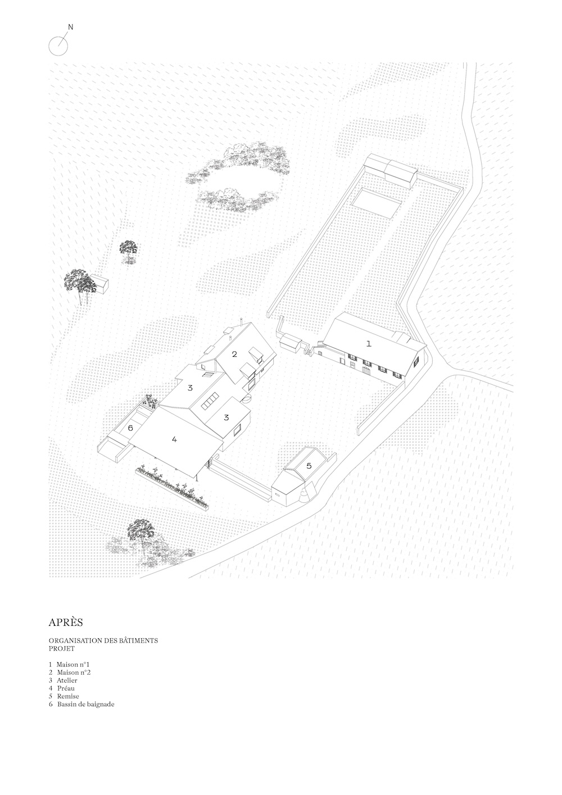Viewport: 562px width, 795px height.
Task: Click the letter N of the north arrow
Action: coord(70,27)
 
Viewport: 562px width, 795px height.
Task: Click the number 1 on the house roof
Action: coord(369,343)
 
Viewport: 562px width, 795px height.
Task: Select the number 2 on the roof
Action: coord(234,354)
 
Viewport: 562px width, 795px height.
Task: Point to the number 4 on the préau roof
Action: coord(174,439)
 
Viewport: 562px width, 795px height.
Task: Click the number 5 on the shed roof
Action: coord(309,466)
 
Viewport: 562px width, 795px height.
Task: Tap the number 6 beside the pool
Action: coord(130,428)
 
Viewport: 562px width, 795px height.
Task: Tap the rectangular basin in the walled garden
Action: coord(377,203)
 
